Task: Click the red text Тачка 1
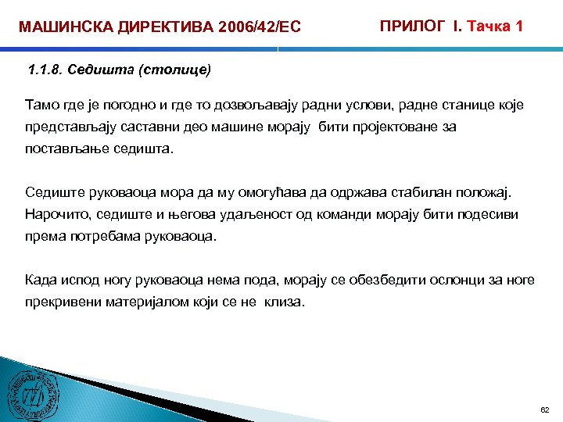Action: pos(495,26)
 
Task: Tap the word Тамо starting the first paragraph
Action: pos(42,105)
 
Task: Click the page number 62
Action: pos(545,409)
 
